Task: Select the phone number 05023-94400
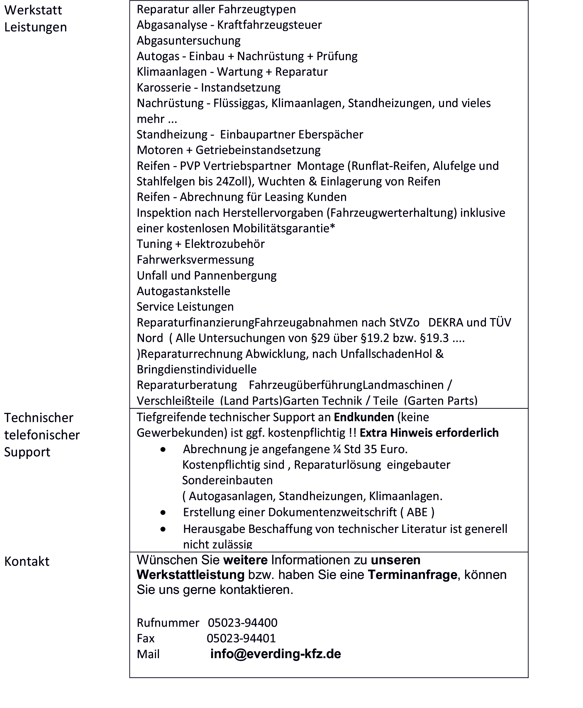point(243,623)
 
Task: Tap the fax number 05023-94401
point(241,638)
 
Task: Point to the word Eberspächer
point(331,134)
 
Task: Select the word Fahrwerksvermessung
point(195,260)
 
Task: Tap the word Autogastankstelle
point(183,291)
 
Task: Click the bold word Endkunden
point(364,417)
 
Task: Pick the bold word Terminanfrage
point(412,575)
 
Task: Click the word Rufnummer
point(168,623)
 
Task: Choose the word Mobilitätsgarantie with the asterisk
point(284,228)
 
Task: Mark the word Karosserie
point(164,88)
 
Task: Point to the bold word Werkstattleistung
point(190,575)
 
